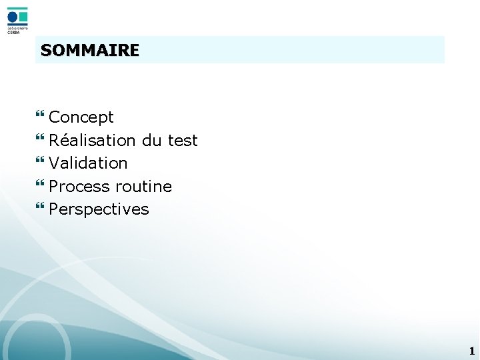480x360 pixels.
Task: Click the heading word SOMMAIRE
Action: coord(89,50)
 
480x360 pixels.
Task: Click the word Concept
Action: coord(81,117)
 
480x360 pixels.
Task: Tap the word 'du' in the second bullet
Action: coord(151,140)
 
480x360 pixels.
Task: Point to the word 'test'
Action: coord(183,140)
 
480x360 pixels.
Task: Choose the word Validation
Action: coord(88,163)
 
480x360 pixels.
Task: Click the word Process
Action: coord(79,186)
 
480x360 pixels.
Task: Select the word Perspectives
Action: coord(99,209)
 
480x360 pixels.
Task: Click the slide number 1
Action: coord(471,351)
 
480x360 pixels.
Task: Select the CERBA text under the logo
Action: coord(13,32)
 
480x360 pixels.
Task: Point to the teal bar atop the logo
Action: coord(18,9)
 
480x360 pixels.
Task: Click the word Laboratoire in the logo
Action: coord(17,28)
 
